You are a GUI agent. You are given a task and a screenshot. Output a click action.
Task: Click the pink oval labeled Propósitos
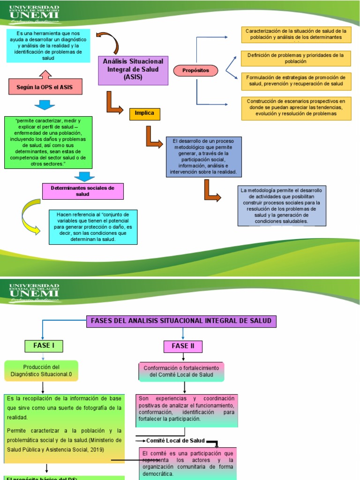coord(196,71)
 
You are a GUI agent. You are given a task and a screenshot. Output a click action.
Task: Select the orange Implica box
coord(144,113)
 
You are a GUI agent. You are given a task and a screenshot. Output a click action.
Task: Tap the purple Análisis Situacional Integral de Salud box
coord(133,70)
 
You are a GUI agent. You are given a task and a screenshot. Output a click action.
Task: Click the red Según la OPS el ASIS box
coord(45,87)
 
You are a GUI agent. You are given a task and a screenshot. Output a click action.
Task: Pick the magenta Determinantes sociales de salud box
coord(83,191)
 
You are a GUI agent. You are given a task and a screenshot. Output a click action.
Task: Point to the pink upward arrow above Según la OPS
coord(45,74)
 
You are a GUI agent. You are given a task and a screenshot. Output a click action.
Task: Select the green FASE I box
coord(44,346)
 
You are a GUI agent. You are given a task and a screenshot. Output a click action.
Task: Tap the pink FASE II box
coord(183,346)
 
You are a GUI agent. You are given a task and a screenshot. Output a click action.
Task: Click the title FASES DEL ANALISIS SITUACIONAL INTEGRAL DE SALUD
coord(181,321)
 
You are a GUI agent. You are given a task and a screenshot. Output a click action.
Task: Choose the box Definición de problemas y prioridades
coord(295,58)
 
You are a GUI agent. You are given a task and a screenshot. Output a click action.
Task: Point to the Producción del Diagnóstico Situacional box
coord(42,371)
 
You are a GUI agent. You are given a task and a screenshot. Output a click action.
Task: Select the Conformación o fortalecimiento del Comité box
coord(181,371)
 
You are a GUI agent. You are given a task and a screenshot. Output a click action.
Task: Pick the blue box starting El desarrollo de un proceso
coord(204,157)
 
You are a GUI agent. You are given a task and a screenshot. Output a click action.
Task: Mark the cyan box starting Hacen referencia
coord(93,227)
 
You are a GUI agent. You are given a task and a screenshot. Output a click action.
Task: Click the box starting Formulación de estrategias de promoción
coord(296,81)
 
